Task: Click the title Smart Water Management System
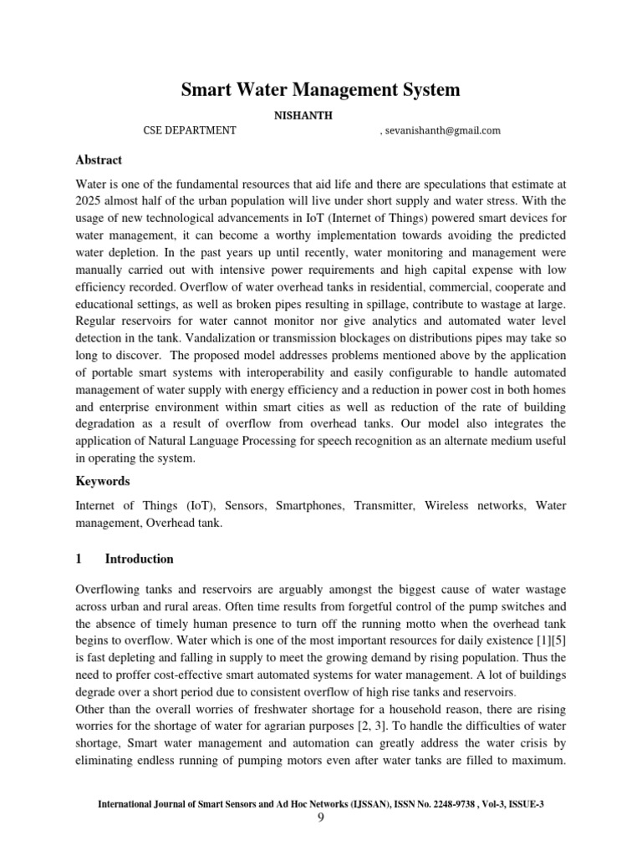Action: (321, 89)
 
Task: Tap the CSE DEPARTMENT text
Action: (190, 130)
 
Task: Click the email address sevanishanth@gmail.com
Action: (444, 130)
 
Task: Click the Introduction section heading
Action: (139, 559)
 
